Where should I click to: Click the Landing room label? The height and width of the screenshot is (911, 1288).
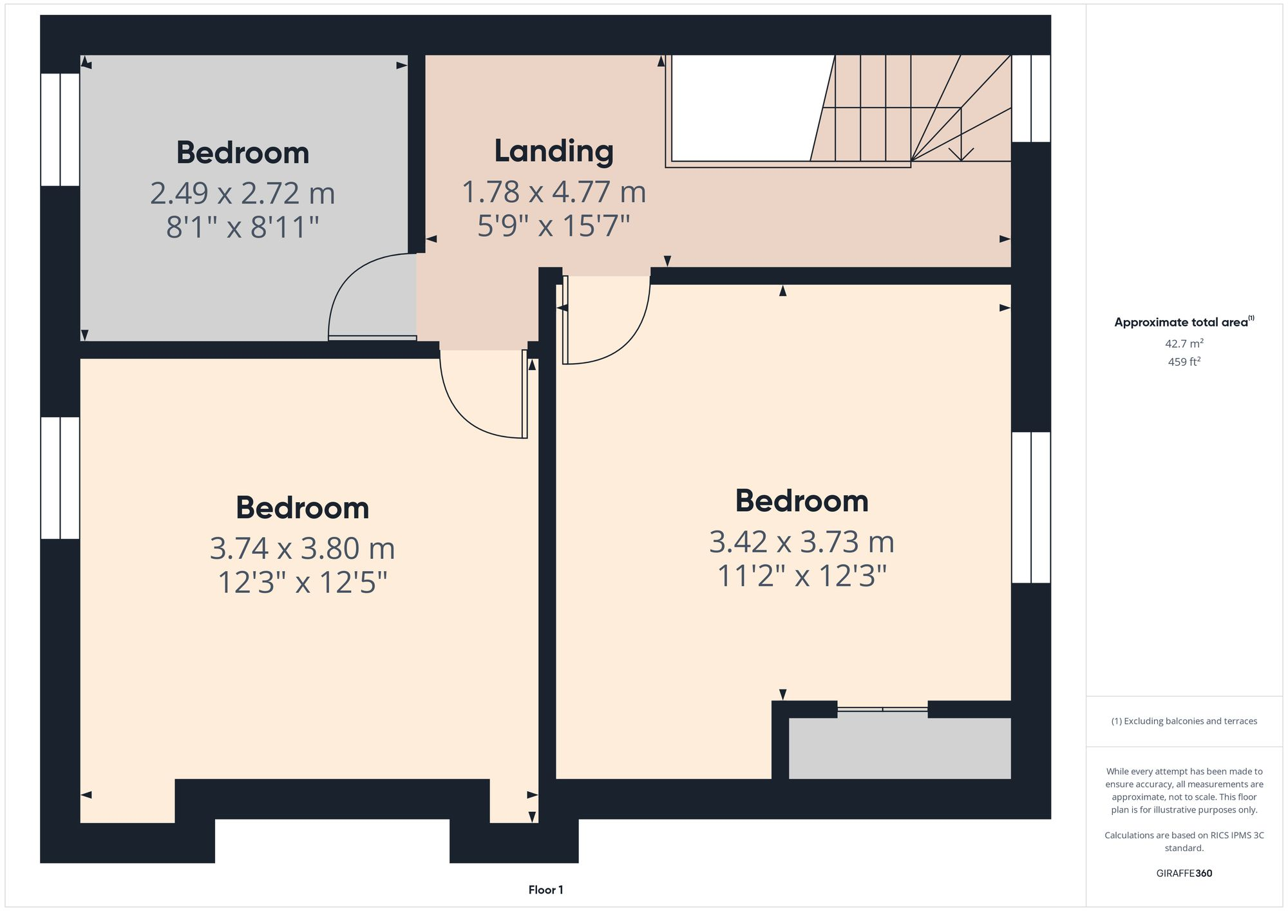point(554,151)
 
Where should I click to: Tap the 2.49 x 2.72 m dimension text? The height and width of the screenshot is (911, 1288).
point(243,193)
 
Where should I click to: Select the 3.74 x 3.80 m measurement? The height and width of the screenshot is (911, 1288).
point(302,549)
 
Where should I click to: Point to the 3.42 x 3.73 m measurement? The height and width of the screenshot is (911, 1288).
point(802,542)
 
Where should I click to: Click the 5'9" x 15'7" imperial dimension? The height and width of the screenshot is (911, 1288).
point(554,226)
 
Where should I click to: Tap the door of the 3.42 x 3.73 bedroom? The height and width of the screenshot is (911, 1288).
point(605,322)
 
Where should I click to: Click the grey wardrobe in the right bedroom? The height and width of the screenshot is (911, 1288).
point(900,748)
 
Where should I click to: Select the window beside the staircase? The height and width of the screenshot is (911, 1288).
point(1031,98)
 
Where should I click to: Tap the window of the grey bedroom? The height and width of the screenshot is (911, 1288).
point(60,129)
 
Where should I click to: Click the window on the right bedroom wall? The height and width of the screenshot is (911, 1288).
point(1031,507)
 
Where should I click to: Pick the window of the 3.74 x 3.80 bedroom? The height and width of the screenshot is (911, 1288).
point(60,478)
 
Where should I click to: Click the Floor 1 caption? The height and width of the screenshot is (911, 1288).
point(545,890)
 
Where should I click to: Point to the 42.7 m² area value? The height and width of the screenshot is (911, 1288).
point(1184,344)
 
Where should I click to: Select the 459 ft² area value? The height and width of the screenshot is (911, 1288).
point(1184,362)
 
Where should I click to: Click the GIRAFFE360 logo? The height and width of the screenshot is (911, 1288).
point(1184,873)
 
